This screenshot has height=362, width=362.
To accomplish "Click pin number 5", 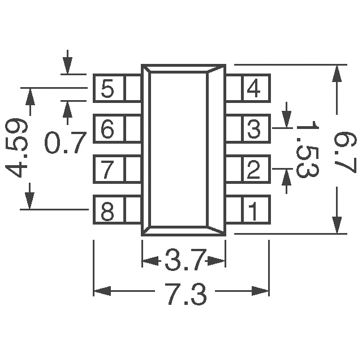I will point(107,88).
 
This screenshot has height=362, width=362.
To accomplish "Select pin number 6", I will point(107,130).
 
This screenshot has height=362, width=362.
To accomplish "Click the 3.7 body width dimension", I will point(183,261).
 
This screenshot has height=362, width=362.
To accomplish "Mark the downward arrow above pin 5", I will point(68,66).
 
